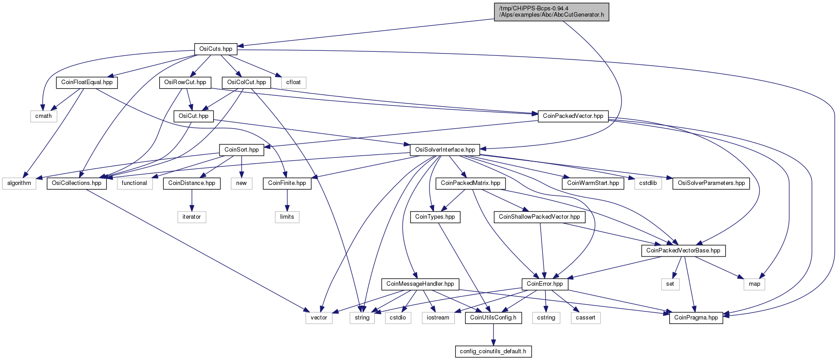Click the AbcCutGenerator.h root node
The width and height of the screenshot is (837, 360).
click(x=551, y=12)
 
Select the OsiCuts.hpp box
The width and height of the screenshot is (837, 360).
click(x=216, y=49)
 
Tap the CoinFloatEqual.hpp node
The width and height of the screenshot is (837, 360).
click(x=87, y=82)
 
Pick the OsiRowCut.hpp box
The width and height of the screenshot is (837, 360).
click(x=185, y=82)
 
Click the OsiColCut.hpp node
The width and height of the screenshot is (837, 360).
click(x=246, y=82)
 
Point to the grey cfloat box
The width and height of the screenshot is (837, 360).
click(x=294, y=82)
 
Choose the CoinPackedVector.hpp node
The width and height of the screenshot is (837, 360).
click(x=573, y=116)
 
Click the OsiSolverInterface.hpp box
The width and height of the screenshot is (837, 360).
click(x=445, y=149)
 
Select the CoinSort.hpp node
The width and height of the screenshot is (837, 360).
click(x=242, y=149)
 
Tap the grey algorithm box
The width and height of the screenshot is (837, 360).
click(x=19, y=183)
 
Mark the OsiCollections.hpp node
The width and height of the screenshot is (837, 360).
click(x=76, y=183)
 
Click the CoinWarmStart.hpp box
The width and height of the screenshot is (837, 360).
click(x=593, y=183)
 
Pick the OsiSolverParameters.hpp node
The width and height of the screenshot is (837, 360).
click(x=711, y=183)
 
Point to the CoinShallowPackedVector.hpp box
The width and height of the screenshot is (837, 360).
click(x=539, y=217)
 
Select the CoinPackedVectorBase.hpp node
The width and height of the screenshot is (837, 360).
click(x=683, y=251)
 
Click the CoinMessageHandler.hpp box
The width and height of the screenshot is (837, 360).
click(x=420, y=284)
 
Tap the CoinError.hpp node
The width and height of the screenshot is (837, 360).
click(x=545, y=284)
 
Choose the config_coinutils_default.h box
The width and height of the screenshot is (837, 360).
click(x=493, y=351)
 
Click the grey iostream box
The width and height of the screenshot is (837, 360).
click(x=438, y=318)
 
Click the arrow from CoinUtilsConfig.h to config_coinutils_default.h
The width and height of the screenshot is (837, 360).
click(x=493, y=335)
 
